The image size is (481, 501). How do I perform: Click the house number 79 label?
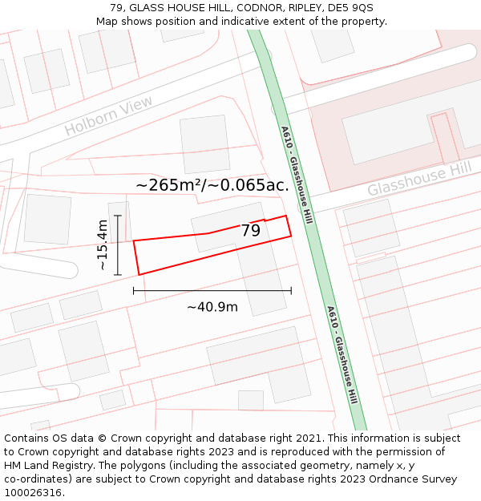coord(251,231)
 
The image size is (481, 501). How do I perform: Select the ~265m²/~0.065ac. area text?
coord(212,185)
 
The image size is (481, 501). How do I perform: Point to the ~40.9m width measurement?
coord(212,307)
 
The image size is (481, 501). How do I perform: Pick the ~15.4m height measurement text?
coord(103,245)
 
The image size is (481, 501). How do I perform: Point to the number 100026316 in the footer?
coord(32,493)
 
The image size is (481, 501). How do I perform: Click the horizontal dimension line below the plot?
coord(212,290)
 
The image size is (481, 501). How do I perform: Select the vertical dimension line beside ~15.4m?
coord(118,245)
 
